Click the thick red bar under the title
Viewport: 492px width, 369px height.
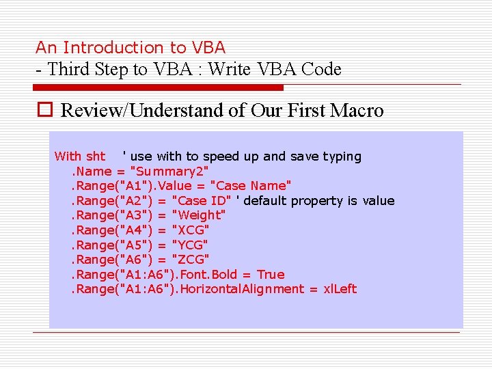coord(158,87)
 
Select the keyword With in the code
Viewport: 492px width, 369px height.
coord(68,156)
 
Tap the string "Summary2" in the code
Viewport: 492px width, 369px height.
coord(169,171)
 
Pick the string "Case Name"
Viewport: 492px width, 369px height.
coord(251,186)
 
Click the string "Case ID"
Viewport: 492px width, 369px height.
coord(201,200)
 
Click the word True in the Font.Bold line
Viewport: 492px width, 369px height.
coord(271,274)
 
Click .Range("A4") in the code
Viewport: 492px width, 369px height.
coord(112,230)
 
